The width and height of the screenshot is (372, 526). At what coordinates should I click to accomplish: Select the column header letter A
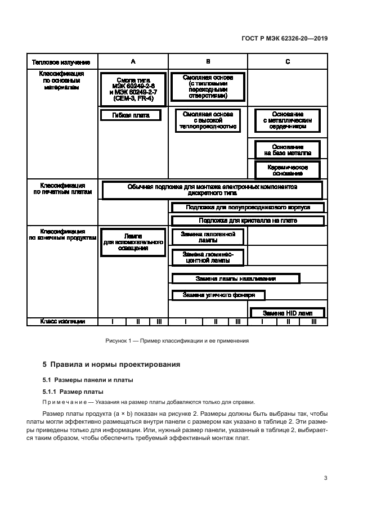pyautogui.click(x=133, y=61)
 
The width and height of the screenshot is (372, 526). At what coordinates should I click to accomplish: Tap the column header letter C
pyautogui.click(x=288, y=61)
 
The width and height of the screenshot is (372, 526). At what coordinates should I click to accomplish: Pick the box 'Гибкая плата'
pyautogui.click(x=131, y=115)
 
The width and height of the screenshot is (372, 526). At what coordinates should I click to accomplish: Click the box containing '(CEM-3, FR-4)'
pyautogui.click(x=133, y=89)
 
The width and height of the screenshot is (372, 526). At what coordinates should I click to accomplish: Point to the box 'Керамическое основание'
pyautogui.click(x=287, y=170)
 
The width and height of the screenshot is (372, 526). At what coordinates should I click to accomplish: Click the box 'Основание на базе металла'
pyautogui.click(x=287, y=150)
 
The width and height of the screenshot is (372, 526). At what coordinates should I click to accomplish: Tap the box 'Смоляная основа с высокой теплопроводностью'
pyautogui.click(x=208, y=120)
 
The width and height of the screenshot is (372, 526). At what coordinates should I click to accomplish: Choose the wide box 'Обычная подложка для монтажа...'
pyautogui.click(x=212, y=190)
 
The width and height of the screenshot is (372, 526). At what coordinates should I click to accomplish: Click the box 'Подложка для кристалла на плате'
pyautogui.click(x=248, y=221)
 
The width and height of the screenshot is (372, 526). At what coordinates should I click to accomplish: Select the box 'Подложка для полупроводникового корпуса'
pyautogui.click(x=248, y=208)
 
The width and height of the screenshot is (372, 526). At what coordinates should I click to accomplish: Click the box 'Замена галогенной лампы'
pyautogui.click(x=208, y=236)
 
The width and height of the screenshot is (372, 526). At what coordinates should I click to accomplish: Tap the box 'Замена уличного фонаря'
pyautogui.click(x=218, y=295)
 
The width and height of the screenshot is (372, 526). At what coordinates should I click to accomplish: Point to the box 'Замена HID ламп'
pyautogui.click(x=287, y=313)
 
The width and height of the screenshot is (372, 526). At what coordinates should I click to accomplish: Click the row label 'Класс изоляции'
pyautogui.click(x=62, y=321)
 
